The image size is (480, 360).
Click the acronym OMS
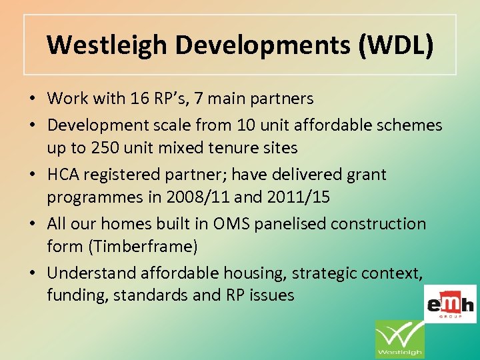(x=230, y=223)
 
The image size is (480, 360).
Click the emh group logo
(x=450, y=304)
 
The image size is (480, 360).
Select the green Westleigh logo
(x=399, y=340)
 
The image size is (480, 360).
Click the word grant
(x=363, y=175)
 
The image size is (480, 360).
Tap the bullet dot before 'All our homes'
(x=32, y=224)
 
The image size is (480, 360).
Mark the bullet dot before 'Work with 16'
(x=32, y=99)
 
